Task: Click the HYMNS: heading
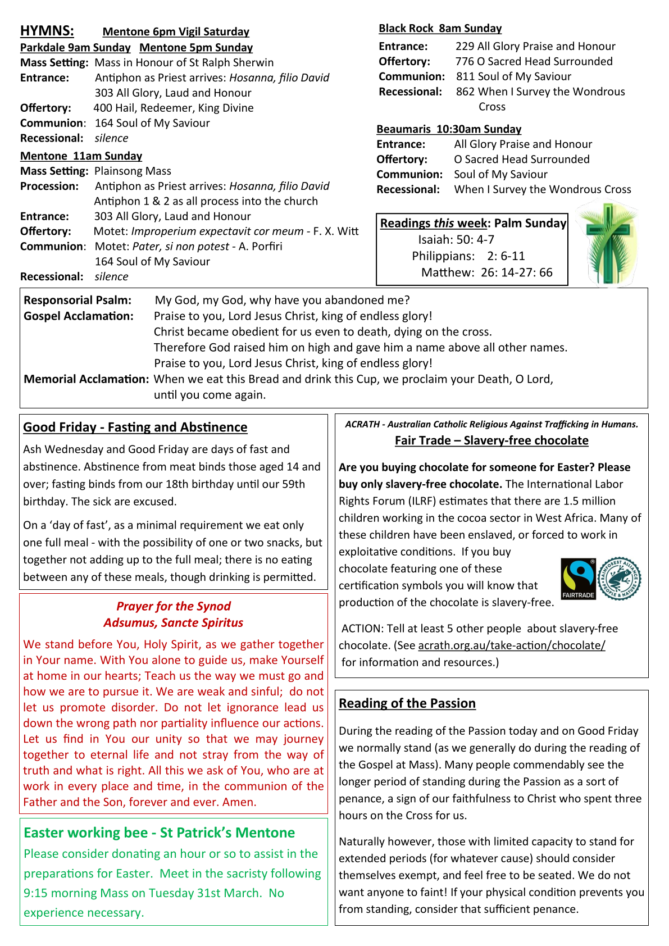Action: pos(47,30)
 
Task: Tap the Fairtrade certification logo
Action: pos(578,579)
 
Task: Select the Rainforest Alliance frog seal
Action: pos(620,578)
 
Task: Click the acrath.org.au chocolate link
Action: pos(511,645)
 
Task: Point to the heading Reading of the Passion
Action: pos(407,703)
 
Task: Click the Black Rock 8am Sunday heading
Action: pos(440,28)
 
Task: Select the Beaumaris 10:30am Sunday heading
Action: pos(449,129)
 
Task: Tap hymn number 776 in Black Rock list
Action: pos(464,61)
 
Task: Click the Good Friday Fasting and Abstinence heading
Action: pos(135,427)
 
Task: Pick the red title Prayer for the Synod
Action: pos(173,606)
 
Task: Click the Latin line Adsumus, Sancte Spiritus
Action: pos(173,622)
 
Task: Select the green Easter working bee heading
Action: pos(159,833)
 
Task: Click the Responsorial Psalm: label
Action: pos(78,300)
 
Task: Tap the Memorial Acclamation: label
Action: pos(86,379)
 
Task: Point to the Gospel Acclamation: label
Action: pos(79,316)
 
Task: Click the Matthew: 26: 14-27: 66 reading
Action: pos(486,272)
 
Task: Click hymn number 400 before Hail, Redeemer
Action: pos(103,108)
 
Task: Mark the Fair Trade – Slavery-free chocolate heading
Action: pos(491,440)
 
